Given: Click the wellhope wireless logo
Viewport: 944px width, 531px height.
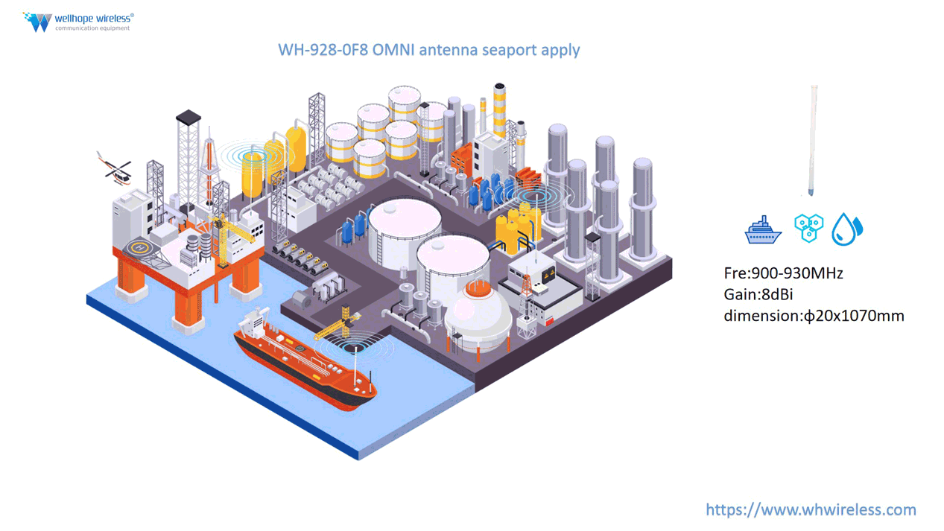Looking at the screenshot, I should tap(78, 22).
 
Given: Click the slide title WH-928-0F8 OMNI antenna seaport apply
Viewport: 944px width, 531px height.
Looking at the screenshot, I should tap(428, 50).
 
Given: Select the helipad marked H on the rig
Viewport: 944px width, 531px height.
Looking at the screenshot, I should tap(139, 247).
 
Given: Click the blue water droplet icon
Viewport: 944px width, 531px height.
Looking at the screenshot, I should tap(846, 229).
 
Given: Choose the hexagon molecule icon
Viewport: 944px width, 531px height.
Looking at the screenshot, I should tap(808, 228).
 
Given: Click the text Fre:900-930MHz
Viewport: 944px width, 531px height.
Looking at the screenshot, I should tap(783, 273).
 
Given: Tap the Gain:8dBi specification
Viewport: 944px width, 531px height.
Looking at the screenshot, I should tap(758, 294).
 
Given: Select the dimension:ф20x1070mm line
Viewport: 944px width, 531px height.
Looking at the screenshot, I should tap(814, 316).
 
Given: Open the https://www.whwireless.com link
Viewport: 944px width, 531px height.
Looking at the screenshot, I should tap(811, 510).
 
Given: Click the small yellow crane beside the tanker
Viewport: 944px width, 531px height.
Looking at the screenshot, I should tap(340, 323).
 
